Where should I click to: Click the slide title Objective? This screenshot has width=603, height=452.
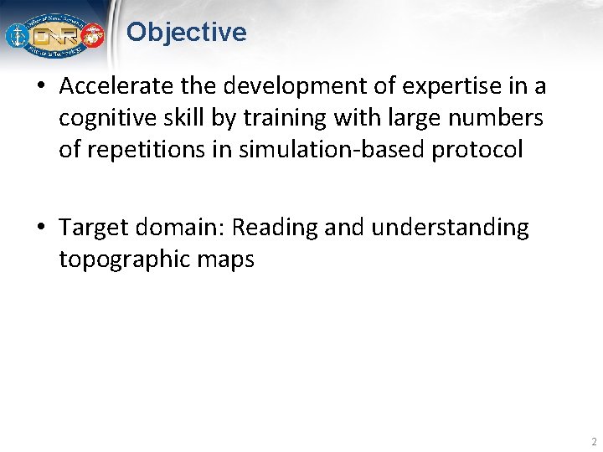pyautogui.click(x=186, y=33)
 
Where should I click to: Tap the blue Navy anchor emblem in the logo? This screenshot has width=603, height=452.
pyautogui.click(x=17, y=36)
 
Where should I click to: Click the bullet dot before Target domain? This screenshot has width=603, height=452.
pyautogui.click(x=42, y=229)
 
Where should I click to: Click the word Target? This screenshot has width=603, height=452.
pyautogui.click(x=92, y=228)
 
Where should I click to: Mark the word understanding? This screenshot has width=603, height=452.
pyautogui.click(x=451, y=228)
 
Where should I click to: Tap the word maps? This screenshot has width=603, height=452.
pyautogui.click(x=225, y=259)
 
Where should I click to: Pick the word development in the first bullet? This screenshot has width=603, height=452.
pyautogui.click(x=271, y=87)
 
